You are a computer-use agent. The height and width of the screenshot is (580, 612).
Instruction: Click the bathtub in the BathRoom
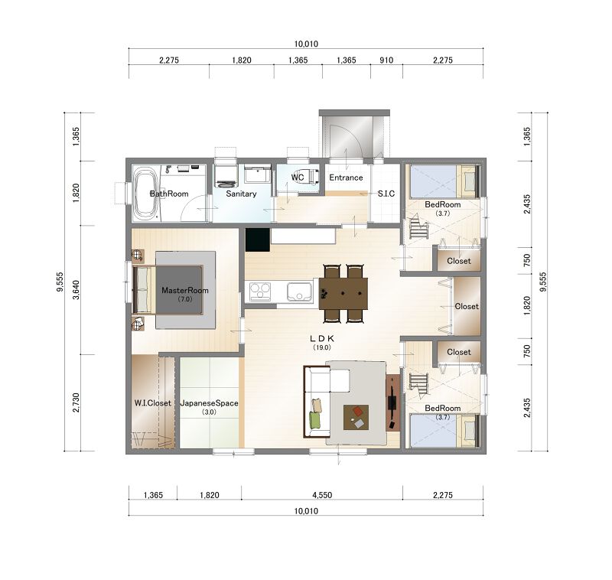146,193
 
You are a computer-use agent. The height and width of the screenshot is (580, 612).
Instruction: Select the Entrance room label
346,178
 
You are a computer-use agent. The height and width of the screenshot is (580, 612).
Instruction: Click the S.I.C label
386,194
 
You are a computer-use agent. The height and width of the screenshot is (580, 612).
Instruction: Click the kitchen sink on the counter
299,292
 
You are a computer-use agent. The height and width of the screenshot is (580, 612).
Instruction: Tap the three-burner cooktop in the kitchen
260,292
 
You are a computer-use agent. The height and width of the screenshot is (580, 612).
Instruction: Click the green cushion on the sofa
314,420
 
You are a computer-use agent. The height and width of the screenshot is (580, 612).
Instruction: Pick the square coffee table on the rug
356,417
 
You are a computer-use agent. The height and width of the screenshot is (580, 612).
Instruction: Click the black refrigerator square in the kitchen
258,239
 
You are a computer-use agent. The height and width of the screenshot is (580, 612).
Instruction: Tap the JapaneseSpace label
209,403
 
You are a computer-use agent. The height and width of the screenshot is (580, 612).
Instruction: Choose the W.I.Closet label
152,403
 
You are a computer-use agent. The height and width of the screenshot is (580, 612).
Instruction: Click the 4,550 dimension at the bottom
322,495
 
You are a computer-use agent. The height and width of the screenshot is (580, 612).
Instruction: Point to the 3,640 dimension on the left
76,290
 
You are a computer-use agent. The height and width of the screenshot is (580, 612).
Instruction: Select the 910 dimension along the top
386,60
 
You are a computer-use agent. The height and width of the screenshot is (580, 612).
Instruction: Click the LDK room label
322,339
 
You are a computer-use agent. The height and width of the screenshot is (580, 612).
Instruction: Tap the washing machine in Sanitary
226,175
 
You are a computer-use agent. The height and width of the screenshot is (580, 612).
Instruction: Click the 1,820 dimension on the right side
527,306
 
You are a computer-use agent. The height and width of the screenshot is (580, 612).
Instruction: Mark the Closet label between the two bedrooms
467,306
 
